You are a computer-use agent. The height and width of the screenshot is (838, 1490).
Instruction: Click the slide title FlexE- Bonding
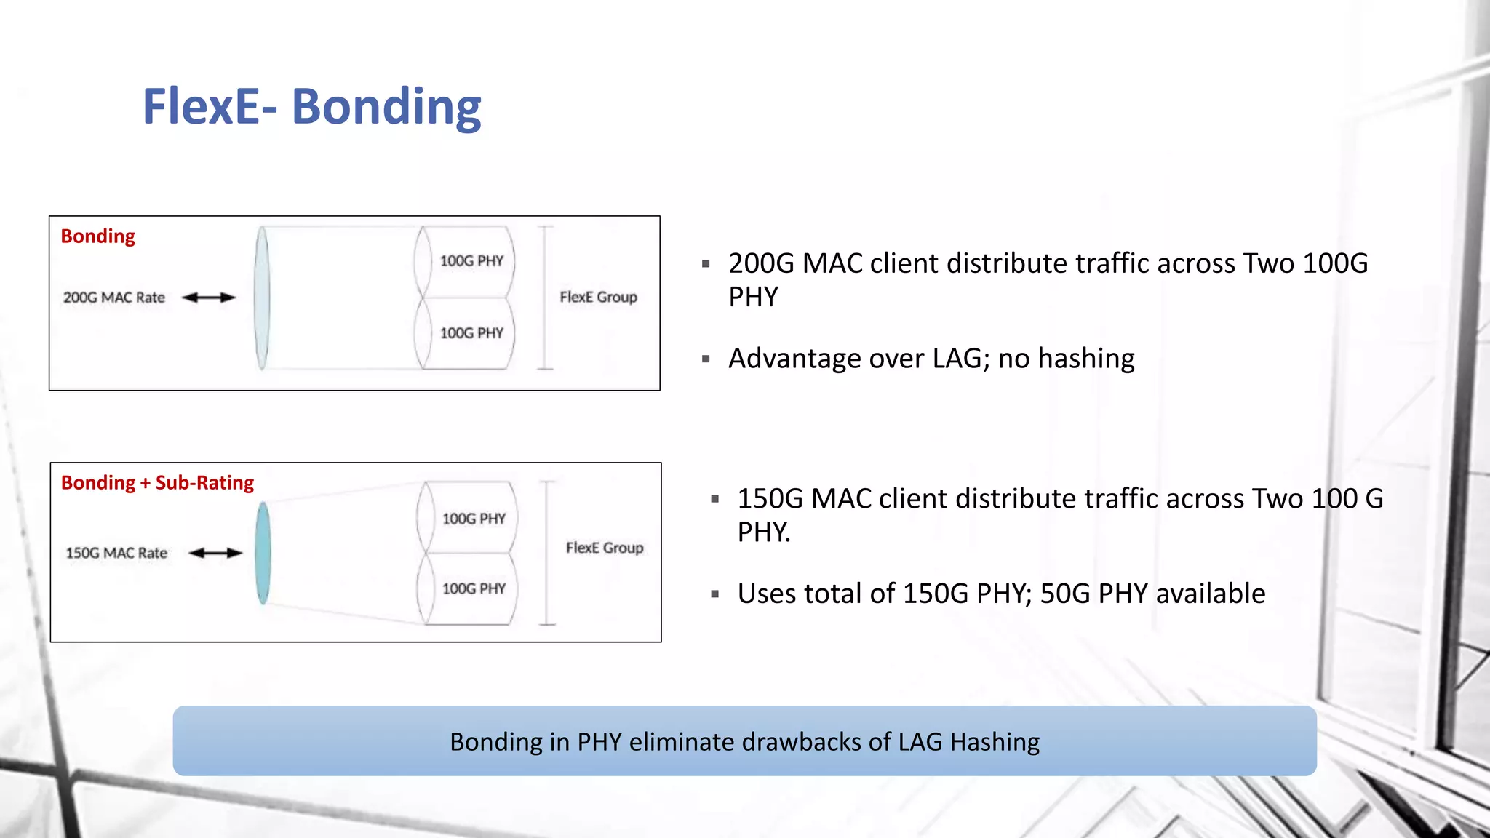click(x=311, y=106)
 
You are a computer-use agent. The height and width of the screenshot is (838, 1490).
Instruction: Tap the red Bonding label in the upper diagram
click(x=97, y=236)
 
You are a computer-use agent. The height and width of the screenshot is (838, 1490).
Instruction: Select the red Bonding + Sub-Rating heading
click(x=157, y=483)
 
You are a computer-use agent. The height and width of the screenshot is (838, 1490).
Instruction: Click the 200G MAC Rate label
click(x=114, y=298)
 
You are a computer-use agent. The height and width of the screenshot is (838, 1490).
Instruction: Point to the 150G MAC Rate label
click(x=116, y=553)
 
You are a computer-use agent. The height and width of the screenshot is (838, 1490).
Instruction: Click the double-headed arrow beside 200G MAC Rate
click(x=209, y=297)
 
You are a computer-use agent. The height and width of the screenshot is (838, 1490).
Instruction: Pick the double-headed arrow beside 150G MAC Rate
click(x=215, y=553)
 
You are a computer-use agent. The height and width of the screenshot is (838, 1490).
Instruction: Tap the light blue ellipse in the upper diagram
click(x=262, y=298)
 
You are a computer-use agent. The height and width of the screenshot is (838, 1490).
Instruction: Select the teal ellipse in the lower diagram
click(x=263, y=553)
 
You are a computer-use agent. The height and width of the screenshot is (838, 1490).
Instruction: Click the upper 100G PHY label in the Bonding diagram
click(x=471, y=260)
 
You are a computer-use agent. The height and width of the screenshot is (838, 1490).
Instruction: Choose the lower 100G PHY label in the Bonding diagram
click(x=471, y=333)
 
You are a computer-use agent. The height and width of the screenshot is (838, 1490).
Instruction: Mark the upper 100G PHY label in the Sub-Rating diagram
click(x=474, y=519)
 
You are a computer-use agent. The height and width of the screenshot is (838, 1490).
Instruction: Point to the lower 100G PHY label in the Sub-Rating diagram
click(x=474, y=588)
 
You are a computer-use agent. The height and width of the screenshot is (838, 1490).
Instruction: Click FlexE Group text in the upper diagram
click(x=598, y=297)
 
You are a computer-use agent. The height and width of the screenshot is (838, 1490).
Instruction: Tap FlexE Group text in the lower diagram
click(x=605, y=548)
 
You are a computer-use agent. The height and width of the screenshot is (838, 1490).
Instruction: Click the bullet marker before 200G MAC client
click(x=706, y=264)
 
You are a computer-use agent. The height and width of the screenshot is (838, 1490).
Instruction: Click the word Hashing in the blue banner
click(x=995, y=742)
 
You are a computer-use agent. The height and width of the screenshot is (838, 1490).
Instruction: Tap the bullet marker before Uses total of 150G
click(x=715, y=594)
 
